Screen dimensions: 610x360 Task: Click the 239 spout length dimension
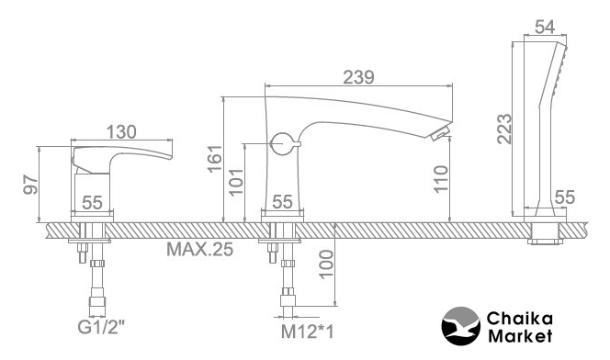tap(358, 77)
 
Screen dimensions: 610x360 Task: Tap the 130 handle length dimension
tap(121, 132)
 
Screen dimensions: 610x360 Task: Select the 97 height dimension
tap(30, 185)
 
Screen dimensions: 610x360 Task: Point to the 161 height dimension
tap(214, 158)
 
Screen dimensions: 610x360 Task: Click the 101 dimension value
tap(235, 182)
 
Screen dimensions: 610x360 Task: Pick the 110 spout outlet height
tap(441, 178)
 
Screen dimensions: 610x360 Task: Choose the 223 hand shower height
tap(504, 129)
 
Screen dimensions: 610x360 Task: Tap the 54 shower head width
tap(545, 27)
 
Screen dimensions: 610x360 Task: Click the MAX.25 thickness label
tap(200, 249)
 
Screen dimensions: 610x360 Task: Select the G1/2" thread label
tap(101, 327)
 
